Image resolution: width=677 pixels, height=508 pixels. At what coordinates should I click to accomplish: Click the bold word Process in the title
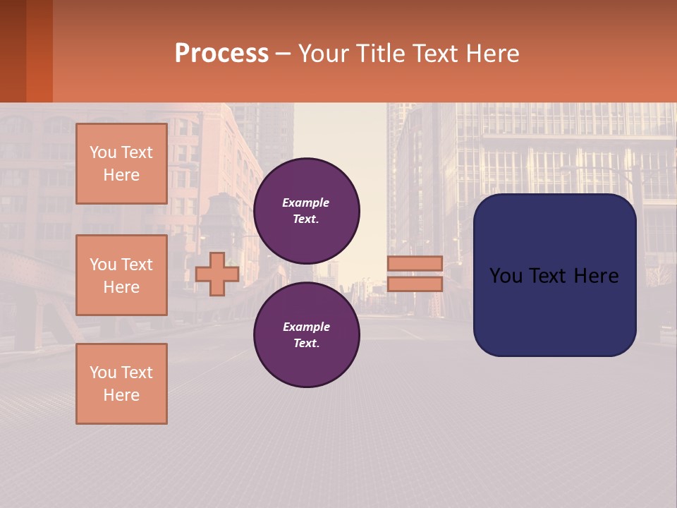(221, 53)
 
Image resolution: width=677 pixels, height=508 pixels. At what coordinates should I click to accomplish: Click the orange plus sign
(217, 274)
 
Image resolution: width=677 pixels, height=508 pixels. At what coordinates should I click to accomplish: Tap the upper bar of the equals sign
(415, 263)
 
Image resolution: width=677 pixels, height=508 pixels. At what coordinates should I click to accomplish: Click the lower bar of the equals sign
(415, 284)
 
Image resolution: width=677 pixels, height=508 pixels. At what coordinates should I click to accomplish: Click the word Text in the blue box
(547, 276)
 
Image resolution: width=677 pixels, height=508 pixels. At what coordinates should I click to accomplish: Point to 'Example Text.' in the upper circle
(306, 211)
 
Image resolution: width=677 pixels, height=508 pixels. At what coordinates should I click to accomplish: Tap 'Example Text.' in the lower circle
(306, 335)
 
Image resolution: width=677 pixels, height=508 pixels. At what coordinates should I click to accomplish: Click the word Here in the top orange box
(121, 175)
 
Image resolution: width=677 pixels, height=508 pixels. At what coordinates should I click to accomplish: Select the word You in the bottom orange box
(103, 373)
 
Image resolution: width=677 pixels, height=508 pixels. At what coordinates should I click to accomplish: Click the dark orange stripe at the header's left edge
(39, 51)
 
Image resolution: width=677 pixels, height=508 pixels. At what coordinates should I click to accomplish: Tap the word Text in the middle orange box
(137, 265)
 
